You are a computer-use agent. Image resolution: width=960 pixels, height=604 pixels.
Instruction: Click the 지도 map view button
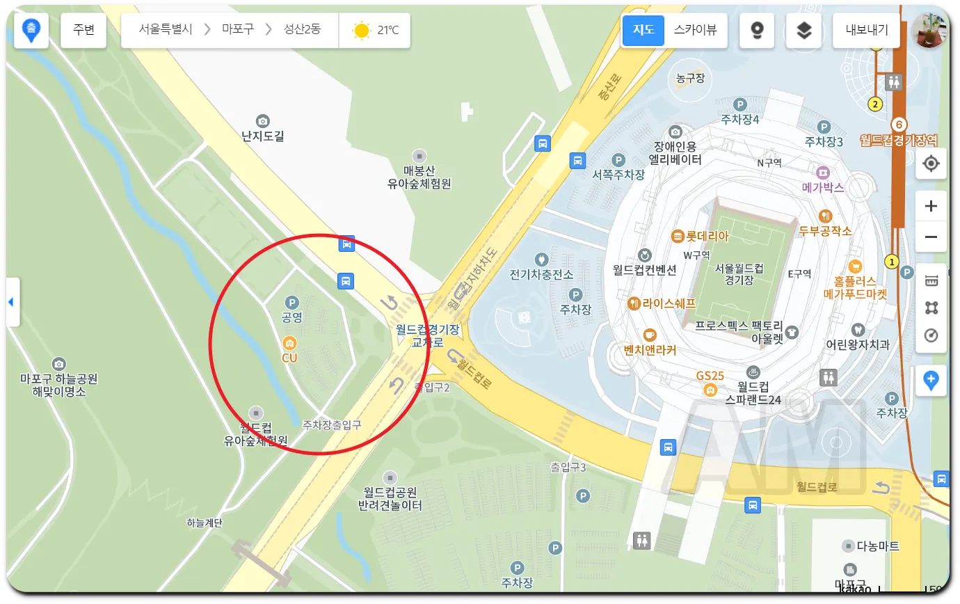[x=643, y=30]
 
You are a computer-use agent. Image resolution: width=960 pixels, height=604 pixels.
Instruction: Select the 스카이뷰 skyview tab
[x=695, y=30]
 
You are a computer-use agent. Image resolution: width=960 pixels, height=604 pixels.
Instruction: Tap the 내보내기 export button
[x=867, y=30]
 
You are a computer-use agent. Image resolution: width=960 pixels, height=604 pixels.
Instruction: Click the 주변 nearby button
[x=83, y=30]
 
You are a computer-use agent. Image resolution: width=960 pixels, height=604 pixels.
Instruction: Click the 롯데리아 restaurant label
[x=707, y=236]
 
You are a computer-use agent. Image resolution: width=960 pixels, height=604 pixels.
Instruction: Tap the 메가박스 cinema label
[x=823, y=187]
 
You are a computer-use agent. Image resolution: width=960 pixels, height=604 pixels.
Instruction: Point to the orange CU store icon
[x=289, y=343]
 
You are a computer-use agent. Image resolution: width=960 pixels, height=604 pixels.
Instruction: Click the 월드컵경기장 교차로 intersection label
[x=427, y=335]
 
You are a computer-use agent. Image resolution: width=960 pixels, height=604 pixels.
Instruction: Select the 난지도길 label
[x=263, y=136]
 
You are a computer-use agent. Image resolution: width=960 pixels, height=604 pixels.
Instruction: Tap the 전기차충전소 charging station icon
[x=541, y=259]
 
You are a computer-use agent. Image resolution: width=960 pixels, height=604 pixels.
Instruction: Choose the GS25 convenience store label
[x=710, y=376]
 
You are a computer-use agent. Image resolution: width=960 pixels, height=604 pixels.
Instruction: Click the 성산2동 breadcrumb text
[x=302, y=29]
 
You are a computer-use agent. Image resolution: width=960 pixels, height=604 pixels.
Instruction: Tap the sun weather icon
[x=361, y=31]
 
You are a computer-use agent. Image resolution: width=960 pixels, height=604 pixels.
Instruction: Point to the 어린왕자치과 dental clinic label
[x=857, y=344]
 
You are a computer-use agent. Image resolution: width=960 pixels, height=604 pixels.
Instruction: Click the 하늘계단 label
[x=205, y=523]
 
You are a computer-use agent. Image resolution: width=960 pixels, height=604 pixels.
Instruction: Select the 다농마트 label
[x=878, y=546]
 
